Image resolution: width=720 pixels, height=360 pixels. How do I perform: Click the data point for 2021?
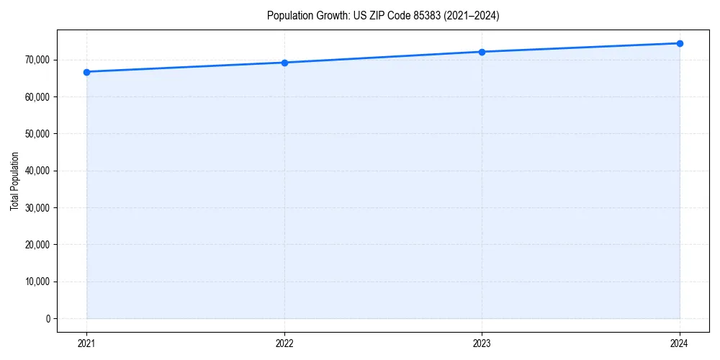pyautogui.click(x=86, y=72)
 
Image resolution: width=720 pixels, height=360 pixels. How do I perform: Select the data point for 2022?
pyautogui.click(x=284, y=63)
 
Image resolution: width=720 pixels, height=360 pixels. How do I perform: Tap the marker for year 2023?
pyautogui.click(x=482, y=52)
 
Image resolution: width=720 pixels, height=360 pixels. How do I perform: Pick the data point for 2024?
pyautogui.click(x=680, y=43)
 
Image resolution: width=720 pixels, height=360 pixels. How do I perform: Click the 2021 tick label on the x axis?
pyautogui.click(x=86, y=343)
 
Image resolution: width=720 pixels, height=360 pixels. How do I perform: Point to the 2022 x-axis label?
pyautogui.click(x=284, y=343)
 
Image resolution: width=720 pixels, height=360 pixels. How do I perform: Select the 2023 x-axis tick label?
pyautogui.click(x=482, y=343)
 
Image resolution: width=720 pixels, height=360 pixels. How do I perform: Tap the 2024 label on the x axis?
pyautogui.click(x=680, y=343)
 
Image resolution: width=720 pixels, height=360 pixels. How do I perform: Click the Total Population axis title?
pyautogui.click(x=14, y=181)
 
